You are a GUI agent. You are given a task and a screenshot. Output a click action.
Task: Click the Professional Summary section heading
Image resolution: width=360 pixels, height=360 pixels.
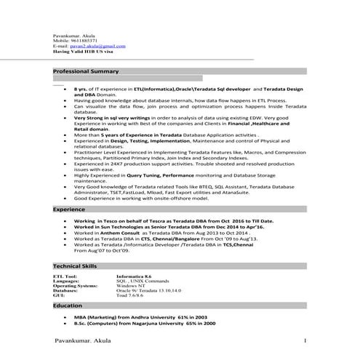(86, 72)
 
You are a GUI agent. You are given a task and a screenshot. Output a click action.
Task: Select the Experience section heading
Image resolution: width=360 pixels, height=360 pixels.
(69, 209)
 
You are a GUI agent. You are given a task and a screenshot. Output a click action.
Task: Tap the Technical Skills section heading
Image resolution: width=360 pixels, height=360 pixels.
(76, 267)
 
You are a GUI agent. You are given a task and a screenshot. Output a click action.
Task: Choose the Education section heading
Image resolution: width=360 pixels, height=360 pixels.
(68, 307)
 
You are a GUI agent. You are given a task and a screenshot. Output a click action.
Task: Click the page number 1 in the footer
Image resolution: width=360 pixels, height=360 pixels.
(305, 340)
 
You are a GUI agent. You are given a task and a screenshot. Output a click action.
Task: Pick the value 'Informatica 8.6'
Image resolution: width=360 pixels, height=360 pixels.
(134, 277)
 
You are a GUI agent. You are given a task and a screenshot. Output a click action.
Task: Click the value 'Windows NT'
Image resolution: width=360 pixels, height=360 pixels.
(131, 287)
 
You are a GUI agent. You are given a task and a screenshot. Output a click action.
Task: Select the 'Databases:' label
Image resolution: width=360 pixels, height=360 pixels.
(65, 292)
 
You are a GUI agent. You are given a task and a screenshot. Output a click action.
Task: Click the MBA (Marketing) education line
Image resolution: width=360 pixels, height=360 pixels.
(140, 318)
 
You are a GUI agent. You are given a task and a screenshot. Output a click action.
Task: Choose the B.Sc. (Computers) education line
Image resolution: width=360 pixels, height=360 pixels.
(145, 324)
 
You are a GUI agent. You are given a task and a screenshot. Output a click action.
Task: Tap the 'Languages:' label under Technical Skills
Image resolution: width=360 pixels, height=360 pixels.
(65, 282)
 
